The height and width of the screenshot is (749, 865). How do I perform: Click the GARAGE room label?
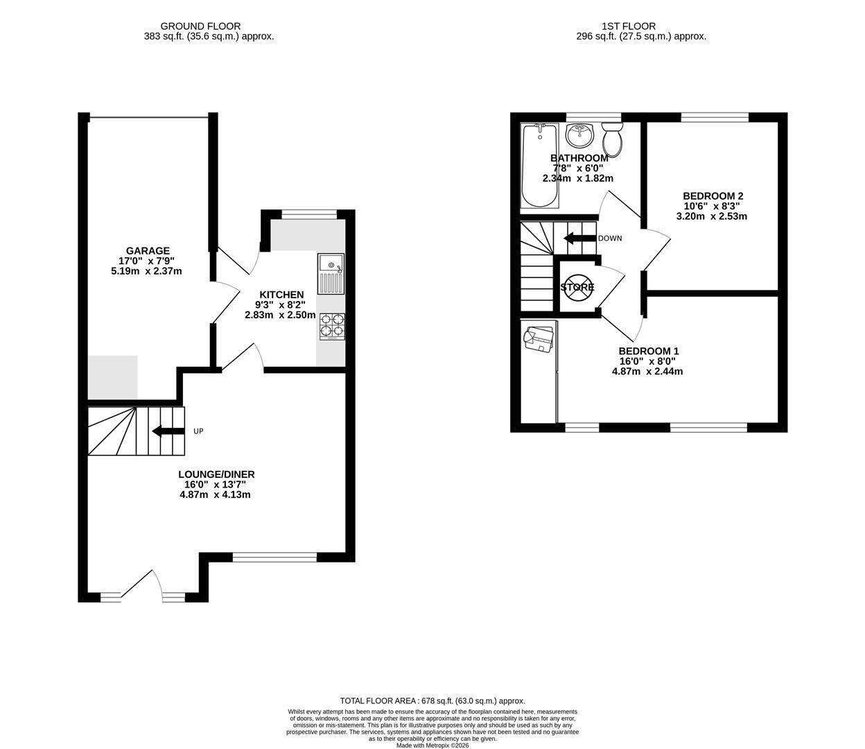pos(147,251)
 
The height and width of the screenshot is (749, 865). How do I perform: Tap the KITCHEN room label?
pos(281,295)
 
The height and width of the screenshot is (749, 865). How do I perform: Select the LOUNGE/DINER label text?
pos(216,474)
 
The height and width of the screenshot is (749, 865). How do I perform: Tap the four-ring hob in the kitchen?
pos(332,327)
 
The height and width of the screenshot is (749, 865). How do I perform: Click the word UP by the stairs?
pos(198,431)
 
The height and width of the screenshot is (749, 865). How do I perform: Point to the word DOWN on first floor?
pos(610,239)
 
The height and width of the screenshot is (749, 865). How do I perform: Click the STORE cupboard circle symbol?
pos(577,287)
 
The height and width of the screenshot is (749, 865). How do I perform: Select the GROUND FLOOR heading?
pos(209,26)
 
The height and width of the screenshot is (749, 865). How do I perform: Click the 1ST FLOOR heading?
pos(629,26)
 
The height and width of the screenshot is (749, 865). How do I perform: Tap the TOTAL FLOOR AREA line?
pos(432,701)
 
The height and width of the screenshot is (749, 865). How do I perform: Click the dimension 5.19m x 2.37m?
pos(147,271)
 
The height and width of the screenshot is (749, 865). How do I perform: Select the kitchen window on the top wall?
pos(304,214)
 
